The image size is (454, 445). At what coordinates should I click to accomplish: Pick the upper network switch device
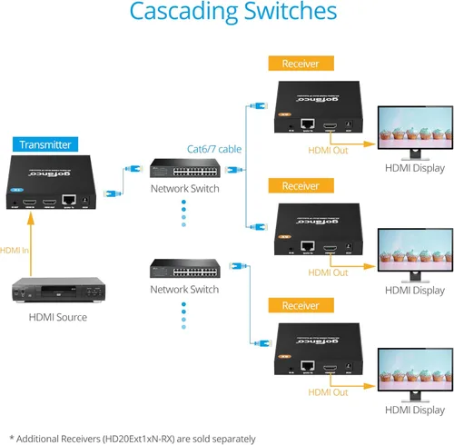(x=184, y=170)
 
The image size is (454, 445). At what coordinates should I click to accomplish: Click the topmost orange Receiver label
(x=301, y=64)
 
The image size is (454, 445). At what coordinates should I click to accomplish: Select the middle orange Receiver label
(x=301, y=185)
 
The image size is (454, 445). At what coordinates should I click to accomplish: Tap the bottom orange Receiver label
(x=301, y=305)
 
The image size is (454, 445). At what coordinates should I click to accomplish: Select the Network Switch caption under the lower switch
(x=184, y=290)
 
